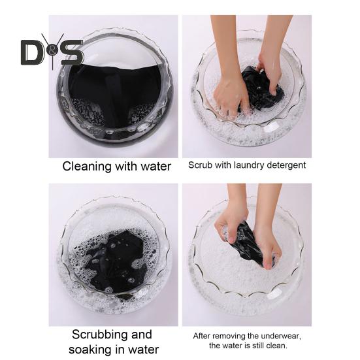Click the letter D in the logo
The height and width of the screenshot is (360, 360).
[x=31, y=53]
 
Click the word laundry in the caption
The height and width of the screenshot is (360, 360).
[x=245, y=165]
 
